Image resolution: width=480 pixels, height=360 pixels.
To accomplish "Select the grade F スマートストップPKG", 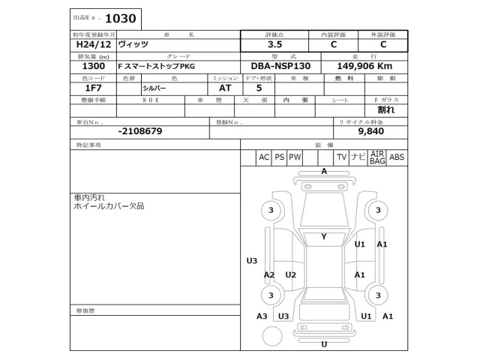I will click(x=155, y=66).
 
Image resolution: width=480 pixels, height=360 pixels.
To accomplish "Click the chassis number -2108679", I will click(x=140, y=130).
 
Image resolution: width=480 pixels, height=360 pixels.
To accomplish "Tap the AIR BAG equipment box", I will click(x=377, y=157).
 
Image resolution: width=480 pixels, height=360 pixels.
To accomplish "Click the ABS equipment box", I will click(x=397, y=157).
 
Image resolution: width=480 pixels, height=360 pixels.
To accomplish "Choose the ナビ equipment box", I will click(x=358, y=157).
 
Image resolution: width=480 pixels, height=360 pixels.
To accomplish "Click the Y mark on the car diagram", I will click(x=324, y=237).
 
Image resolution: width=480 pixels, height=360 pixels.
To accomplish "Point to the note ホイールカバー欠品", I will click(x=108, y=205).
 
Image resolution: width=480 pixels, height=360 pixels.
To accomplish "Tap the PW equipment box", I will click(x=295, y=157).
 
